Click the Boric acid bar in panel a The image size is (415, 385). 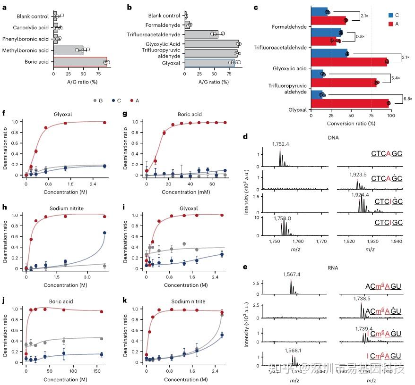[x=80, y=62]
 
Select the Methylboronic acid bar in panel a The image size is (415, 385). [x=68, y=50]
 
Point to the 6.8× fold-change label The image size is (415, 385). [x=408, y=99]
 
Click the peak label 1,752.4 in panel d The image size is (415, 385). [x=281, y=143]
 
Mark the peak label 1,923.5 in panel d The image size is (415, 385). [x=359, y=175]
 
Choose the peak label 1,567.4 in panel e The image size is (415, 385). [x=292, y=275]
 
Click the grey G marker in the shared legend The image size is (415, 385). [x=95, y=100]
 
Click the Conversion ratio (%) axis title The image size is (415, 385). [x=351, y=123]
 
